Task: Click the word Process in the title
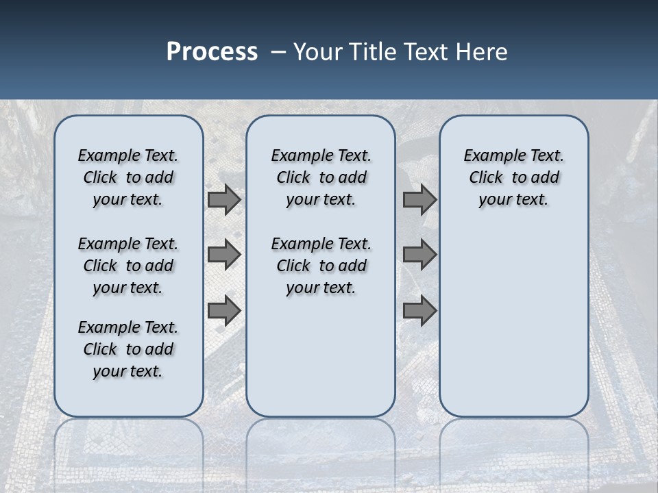(212, 52)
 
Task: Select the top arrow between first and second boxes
(224, 199)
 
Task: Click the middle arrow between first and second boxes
(224, 255)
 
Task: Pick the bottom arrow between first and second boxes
(224, 310)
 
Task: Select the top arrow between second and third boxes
(419, 199)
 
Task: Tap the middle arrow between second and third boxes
(419, 255)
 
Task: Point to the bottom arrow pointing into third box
(419, 310)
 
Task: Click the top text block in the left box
(128, 177)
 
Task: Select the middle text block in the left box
(128, 266)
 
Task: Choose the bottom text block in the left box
(128, 349)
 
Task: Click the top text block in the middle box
(321, 177)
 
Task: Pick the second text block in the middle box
(321, 266)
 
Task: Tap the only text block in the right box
(513, 177)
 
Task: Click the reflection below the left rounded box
(128, 445)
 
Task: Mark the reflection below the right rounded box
(513, 445)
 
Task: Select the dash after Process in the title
(278, 52)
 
